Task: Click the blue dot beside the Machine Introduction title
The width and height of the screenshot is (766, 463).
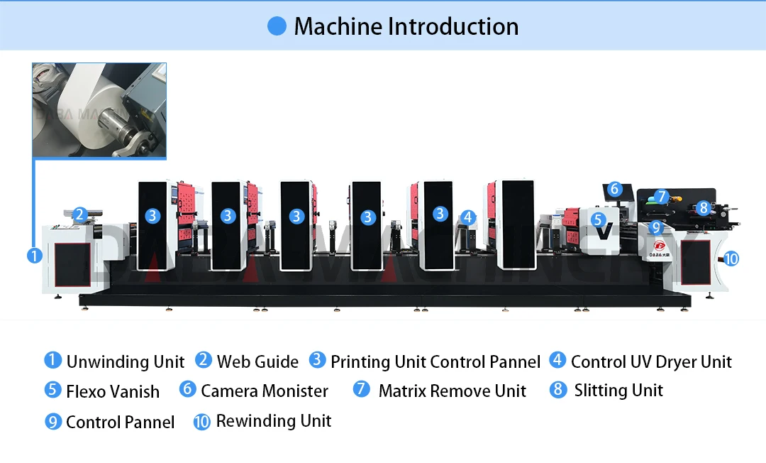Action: [x=277, y=26]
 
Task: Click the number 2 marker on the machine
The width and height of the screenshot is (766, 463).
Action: [x=79, y=214]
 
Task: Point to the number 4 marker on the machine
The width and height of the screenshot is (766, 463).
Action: [x=467, y=217]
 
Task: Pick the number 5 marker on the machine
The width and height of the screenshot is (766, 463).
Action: [x=598, y=220]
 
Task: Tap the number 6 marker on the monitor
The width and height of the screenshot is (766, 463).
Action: [x=615, y=189]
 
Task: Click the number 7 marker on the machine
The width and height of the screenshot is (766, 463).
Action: [x=661, y=196]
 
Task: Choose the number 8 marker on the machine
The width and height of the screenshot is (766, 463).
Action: [x=703, y=207]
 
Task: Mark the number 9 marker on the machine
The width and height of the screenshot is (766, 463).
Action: [x=656, y=228]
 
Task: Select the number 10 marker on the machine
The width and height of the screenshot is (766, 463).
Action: [x=731, y=258]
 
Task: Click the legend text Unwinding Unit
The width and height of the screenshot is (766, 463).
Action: [x=126, y=362]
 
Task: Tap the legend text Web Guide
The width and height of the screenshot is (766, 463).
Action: [x=257, y=362]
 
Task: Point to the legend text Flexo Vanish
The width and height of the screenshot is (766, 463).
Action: [x=113, y=391]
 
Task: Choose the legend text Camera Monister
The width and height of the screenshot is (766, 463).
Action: [x=265, y=391]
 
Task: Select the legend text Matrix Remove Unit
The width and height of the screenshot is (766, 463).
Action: [x=453, y=391]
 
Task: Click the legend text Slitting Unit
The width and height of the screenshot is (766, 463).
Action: [x=618, y=391]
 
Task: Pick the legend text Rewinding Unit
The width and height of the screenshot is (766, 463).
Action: [x=274, y=421]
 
